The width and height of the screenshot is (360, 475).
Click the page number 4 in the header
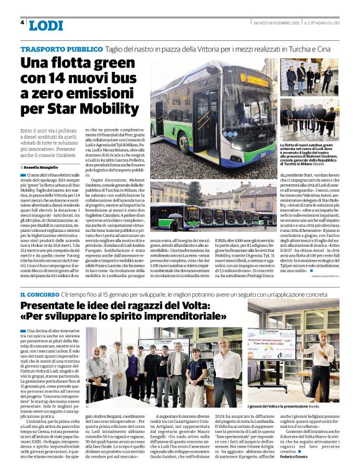click(22, 22)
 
